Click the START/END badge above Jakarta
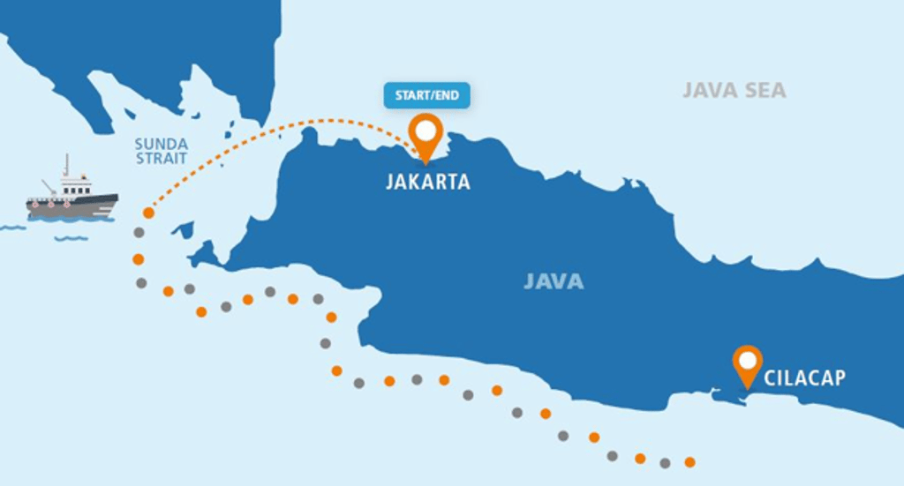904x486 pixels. click(426, 95)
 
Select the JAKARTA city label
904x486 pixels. click(427, 183)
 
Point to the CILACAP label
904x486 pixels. click(804, 378)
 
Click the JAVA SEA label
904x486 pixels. click(734, 90)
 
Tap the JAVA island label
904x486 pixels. click(554, 281)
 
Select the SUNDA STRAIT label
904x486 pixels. click(161, 151)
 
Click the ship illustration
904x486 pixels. click(72, 196)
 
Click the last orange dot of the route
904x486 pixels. click(689, 462)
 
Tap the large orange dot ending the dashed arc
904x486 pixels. click(148, 213)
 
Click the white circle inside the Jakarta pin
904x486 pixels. click(427, 131)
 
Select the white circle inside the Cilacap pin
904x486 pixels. click(748, 359)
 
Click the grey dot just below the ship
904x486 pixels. click(139, 233)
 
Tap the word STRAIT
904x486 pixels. click(162, 159)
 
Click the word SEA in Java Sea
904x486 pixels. click(764, 90)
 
